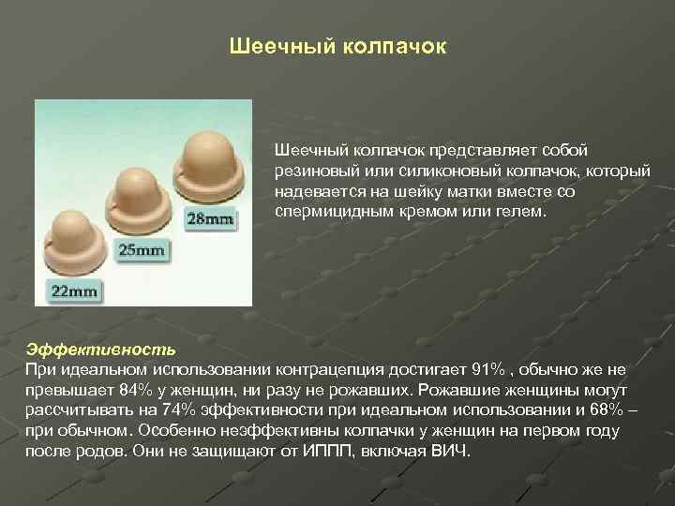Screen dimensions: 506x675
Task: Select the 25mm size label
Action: point(140,250)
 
